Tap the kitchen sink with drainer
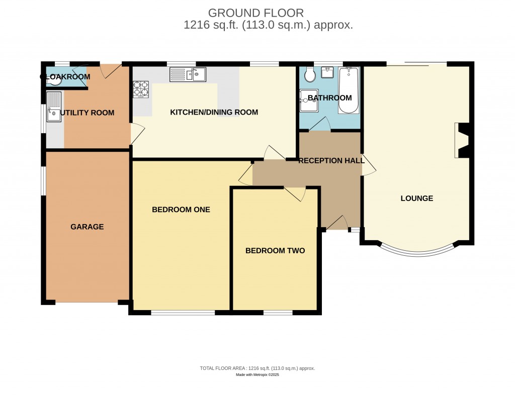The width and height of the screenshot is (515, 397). [x=188, y=75]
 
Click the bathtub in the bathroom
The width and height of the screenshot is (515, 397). [x=348, y=91]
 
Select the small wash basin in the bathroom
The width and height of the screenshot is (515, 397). [x=327, y=72]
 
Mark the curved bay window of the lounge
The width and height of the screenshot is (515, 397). [x=417, y=251]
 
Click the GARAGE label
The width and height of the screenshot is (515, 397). [x=87, y=227]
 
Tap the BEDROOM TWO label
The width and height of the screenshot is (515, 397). [x=275, y=250]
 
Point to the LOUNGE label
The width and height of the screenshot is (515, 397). [x=416, y=198]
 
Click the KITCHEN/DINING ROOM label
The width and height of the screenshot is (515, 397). [x=214, y=112]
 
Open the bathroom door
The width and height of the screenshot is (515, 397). [x=320, y=125]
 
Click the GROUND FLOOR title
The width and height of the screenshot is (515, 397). [x=256, y=13]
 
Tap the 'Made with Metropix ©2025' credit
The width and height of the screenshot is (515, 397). [x=257, y=375]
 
